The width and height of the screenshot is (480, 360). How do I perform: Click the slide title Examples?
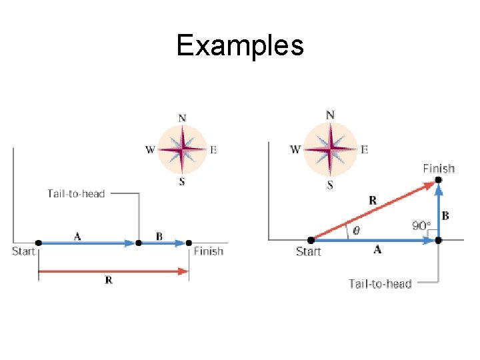click(240, 45)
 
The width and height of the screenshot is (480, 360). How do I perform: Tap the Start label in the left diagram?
click(23, 251)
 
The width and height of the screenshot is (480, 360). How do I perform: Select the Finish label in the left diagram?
click(209, 251)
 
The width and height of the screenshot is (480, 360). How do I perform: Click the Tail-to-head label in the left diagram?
click(75, 193)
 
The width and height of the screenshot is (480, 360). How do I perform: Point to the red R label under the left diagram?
click(109, 281)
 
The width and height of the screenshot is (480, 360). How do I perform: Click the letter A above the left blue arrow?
click(78, 235)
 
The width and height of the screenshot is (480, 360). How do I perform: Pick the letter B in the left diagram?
click(159, 235)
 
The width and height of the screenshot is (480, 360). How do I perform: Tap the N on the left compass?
click(182, 117)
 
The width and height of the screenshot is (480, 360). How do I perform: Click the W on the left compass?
click(151, 149)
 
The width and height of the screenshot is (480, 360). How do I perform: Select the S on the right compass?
click(330, 185)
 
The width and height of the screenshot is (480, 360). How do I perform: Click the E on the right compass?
click(364, 149)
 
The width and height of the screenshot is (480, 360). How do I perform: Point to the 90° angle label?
click(421, 226)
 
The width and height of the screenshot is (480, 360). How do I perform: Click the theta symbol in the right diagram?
click(356, 231)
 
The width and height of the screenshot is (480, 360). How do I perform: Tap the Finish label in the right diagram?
click(439, 169)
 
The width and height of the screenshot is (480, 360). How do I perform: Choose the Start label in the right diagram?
click(308, 251)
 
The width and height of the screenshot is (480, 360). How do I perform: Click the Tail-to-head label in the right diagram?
click(380, 283)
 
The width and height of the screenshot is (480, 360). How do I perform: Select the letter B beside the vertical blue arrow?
click(445, 215)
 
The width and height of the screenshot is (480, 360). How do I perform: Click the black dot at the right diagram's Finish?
click(438, 180)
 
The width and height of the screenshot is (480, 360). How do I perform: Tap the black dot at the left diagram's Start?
click(38, 243)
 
